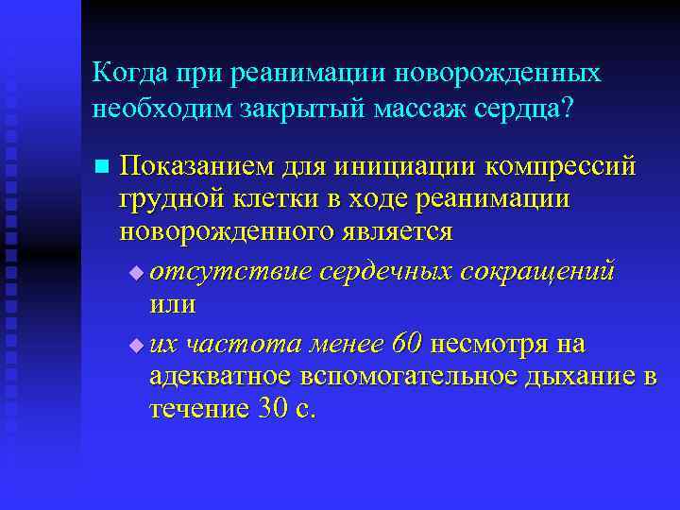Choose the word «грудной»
[x=168, y=200]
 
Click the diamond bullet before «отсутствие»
[x=138, y=274]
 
